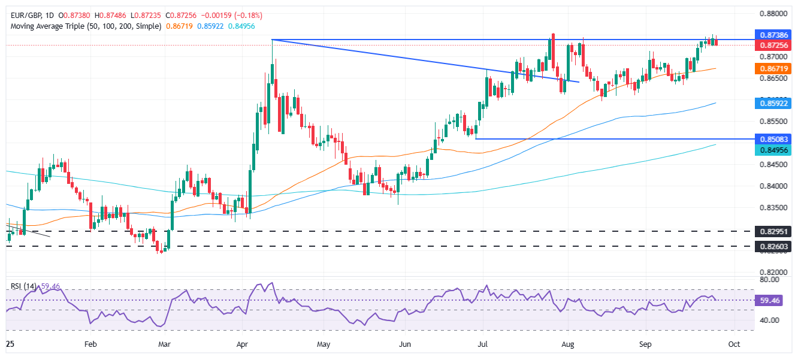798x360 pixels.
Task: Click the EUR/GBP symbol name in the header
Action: (21, 15)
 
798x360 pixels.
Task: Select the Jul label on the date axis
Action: (483, 344)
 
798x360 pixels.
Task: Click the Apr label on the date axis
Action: (242, 344)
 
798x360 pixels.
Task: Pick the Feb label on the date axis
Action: (90, 344)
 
